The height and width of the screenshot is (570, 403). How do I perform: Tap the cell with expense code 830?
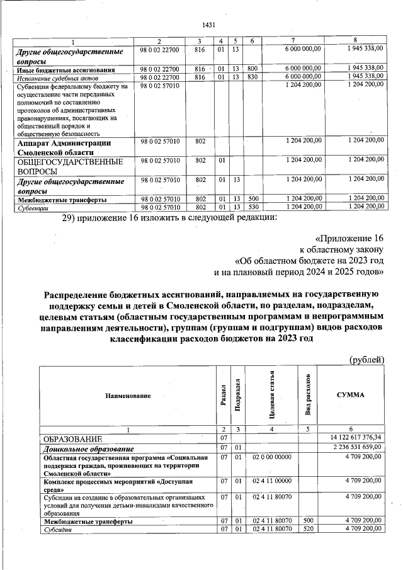(252, 77)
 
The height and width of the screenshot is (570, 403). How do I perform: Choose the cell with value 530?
(252, 207)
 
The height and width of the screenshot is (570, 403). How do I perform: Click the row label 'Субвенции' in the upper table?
(29, 207)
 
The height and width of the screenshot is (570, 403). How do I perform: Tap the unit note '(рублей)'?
(366, 360)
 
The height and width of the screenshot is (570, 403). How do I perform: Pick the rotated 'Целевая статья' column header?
(271, 395)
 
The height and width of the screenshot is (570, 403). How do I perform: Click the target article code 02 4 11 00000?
(271, 481)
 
